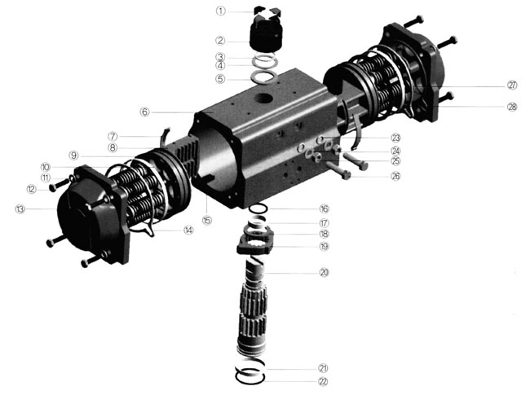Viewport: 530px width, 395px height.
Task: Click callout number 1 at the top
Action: click(220, 11)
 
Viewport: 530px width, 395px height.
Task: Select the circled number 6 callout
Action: click(144, 112)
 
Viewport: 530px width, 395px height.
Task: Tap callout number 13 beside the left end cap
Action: click(20, 209)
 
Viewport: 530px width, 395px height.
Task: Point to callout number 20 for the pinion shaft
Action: click(324, 272)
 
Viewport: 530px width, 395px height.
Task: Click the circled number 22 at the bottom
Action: click(323, 381)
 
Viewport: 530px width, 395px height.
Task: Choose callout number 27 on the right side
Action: click(512, 85)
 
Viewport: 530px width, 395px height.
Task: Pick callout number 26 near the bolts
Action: click(395, 176)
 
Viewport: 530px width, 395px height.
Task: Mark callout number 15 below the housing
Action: click(207, 221)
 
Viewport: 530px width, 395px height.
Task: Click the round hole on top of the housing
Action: click(263, 99)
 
